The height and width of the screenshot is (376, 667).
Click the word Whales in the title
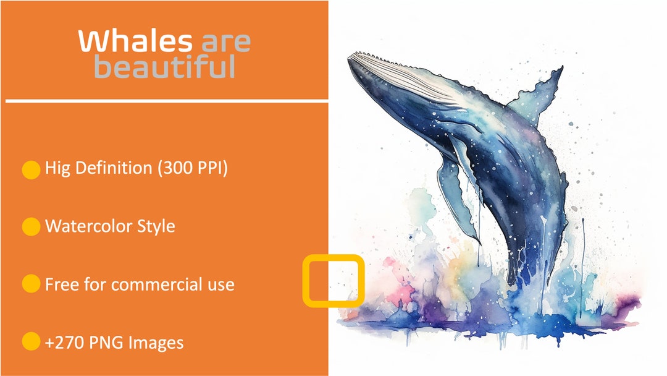coord(134,41)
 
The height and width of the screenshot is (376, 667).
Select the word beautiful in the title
coord(164,67)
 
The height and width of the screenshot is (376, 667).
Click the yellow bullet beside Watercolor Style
coord(31,227)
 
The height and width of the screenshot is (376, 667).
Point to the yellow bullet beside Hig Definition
coord(31,169)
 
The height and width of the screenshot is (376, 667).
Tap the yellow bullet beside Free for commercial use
coord(31,284)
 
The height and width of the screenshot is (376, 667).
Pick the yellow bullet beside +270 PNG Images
coord(31,342)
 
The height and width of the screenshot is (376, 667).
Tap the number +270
coord(62,342)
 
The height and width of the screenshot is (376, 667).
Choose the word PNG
coord(105,342)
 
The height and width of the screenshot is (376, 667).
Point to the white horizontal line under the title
coord(167,99)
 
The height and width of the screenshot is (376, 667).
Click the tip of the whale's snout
coord(350,58)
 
